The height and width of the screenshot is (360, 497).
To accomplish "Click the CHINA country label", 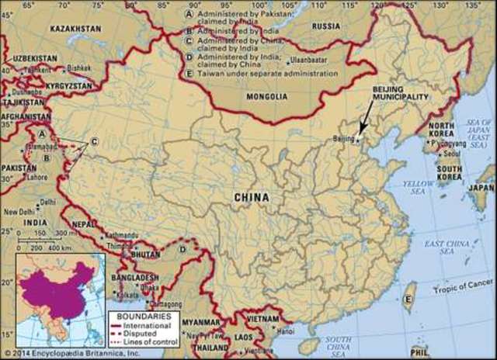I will tap(252, 198).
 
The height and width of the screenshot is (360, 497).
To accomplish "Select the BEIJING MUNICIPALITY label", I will tap(401, 94).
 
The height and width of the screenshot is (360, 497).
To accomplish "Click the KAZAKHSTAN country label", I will tap(76, 28).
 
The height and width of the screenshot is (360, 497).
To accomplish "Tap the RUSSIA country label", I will tap(326, 26).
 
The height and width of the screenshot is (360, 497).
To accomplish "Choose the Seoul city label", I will tap(453, 152).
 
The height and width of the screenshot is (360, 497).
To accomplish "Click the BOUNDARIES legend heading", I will tap(139, 317).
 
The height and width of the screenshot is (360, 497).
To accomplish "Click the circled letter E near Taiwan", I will tap(408, 299).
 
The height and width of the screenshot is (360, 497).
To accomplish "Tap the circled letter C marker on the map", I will tap(95, 140).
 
